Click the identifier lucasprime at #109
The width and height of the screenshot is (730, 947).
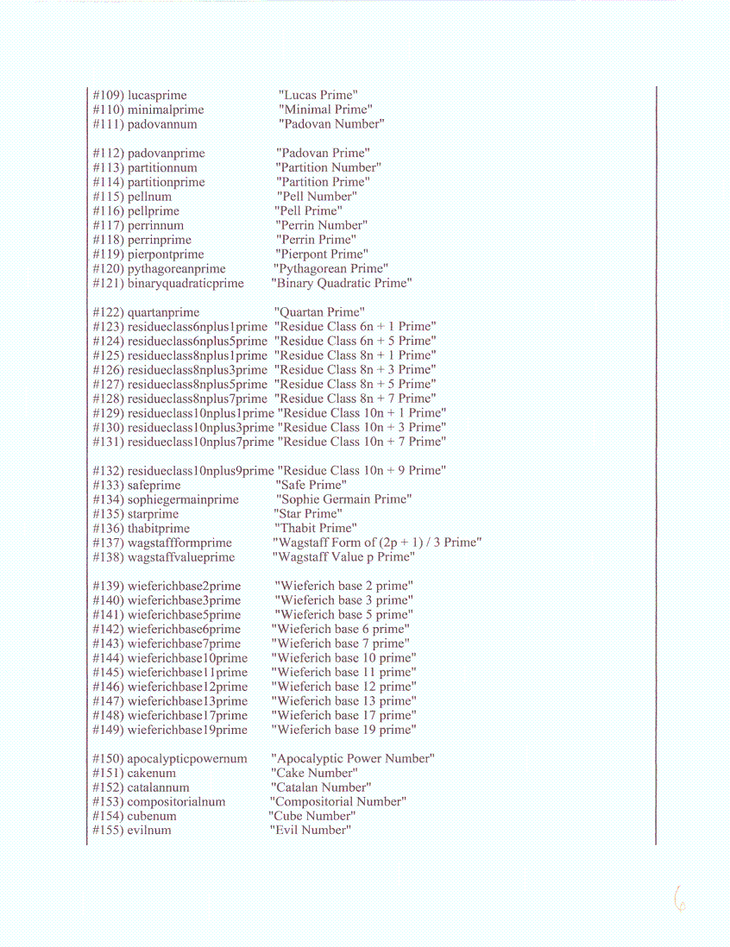pos(157,96)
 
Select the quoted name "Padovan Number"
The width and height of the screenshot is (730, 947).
pos(330,124)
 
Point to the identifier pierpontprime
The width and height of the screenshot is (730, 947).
pos(166,254)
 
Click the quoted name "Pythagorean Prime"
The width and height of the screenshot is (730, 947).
pos(330,269)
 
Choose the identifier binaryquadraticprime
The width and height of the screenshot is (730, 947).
pos(186,284)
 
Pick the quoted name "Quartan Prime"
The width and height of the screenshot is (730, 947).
pos(319,312)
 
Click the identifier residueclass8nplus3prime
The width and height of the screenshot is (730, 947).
pos(198,370)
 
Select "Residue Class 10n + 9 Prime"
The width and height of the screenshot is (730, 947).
pos(362,471)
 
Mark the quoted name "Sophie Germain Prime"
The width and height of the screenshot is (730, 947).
pos(343,499)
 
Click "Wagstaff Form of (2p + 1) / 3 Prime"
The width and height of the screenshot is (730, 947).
pos(377,542)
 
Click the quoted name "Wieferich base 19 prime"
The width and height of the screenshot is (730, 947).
pos(343,730)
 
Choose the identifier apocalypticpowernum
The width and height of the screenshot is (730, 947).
pos(187,759)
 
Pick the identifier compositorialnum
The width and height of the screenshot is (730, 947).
pos(176,802)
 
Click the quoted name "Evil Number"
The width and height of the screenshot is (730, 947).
pos(310,831)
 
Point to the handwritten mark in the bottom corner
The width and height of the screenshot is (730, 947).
pos(679,899)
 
